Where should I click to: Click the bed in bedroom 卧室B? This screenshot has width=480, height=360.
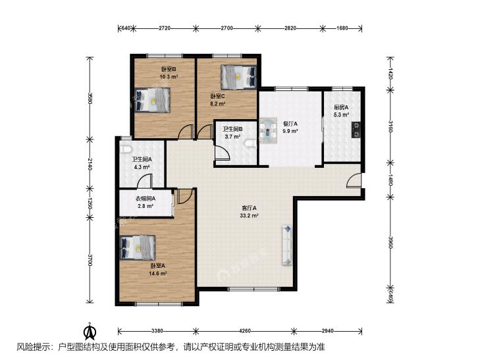click(153, 100)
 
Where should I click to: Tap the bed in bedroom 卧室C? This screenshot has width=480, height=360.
click(239, 77)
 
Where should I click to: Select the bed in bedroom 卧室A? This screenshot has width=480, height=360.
click(138, 247)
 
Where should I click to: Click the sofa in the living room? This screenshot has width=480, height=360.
click(287, 245)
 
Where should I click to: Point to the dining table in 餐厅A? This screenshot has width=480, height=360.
click(268, 130)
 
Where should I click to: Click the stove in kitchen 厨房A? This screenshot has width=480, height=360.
click(356, 130)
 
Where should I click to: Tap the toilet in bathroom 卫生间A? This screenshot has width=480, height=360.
click(126, 149)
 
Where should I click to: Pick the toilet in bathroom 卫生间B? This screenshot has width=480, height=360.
click(251, 143)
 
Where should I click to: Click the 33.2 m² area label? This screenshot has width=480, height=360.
click(249, 215)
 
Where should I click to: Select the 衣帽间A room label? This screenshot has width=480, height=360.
click(146, 199)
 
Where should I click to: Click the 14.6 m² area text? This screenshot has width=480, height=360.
click(157, 273)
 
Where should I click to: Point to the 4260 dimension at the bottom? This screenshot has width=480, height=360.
click(245, 330)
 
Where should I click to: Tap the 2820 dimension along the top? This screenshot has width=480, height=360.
click(290, 28)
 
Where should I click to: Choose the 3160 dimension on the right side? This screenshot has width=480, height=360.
click(390, 126)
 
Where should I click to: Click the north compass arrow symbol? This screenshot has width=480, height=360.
click(90, 331)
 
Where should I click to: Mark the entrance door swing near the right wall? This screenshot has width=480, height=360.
click(354, 180)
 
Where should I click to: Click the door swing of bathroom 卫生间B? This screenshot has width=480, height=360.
click(223, 152)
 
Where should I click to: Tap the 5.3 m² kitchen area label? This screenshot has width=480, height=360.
click(341, 115)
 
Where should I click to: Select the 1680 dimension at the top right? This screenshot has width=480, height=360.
click(342, 28)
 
